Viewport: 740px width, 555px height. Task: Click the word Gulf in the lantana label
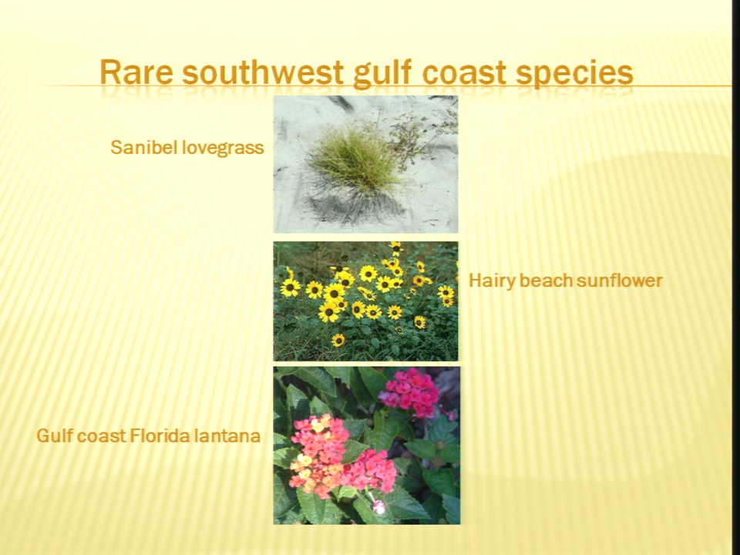coord(53,435)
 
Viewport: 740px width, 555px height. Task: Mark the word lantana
coord(227,435)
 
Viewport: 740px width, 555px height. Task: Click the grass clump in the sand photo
coord(353,158)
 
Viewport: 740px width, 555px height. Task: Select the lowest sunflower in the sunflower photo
coord(338,340)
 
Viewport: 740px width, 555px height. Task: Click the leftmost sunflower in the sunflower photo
coord(290,287)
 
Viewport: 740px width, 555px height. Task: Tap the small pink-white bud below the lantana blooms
coord(378,507)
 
